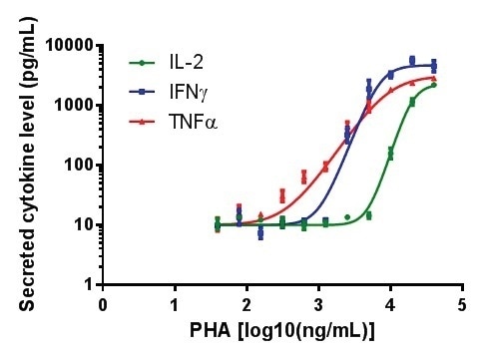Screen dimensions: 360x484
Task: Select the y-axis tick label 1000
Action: pos(71,106)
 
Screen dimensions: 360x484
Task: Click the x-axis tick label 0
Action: pos(103,304)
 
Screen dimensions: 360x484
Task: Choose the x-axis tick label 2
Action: pos(246,304)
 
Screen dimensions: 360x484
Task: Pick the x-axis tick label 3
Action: pos(318,304)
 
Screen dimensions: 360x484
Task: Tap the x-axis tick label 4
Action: pos(390,304)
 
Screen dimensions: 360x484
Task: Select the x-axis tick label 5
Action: pos(462,304)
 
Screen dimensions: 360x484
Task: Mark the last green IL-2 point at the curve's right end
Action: pos(434,85)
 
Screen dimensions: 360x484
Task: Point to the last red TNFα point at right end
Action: pos(434,78)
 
